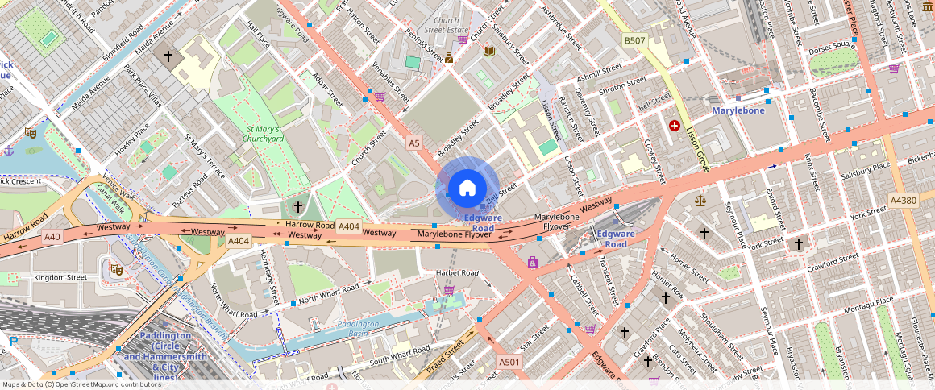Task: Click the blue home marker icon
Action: (x=467, y=188)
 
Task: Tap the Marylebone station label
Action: (x=738, y=110)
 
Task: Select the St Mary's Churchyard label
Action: (x=264, y=133)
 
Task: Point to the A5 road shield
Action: (x=414, y=143)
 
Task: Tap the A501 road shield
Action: (x=509, y=362)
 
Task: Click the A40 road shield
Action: (x=52, y=236)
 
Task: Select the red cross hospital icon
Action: (x=674, y=127)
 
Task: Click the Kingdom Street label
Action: (x=60, y=277)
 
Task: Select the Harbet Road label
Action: (x=457, y=272)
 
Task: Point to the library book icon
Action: (x=488, y=51)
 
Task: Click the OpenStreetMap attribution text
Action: (x=81, y=384)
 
